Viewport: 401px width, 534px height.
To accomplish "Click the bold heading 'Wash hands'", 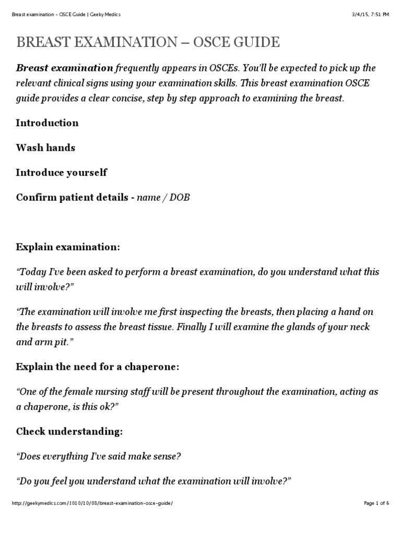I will tap(45, 148).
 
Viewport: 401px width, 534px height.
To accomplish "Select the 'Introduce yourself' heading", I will tap(62, 173).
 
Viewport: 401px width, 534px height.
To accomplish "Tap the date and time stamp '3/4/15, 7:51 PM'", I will tap(371, 15).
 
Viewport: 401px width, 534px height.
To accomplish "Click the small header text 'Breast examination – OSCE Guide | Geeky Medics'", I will tap(66, 15).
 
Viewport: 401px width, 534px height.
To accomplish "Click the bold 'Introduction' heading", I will tap(47, 123).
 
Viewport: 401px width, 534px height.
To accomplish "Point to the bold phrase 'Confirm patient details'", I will tap(72, 198).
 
